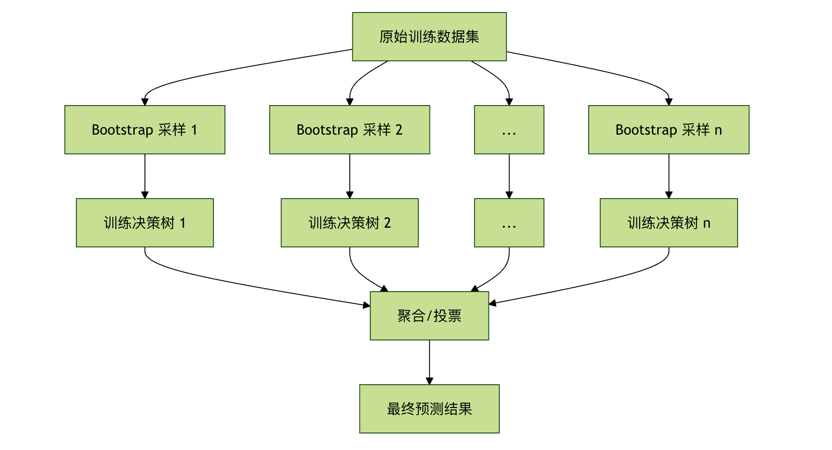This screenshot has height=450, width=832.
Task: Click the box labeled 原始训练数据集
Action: pyautogui.click(x=429, y=37)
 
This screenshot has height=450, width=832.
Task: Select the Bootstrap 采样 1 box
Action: pyautogui.click(x=144, y=130)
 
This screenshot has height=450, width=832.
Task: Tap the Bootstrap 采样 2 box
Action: pyautogui.click(x=349, y=130)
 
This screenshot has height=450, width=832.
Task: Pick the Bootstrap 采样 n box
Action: pyautogui.click(x=668, y=130)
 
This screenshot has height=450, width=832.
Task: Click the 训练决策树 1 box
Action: pyautogui.click(x=144, y=223)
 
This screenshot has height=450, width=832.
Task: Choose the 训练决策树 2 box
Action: pyautogui.click(x=349, y=223)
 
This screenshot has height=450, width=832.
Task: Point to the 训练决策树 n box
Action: pyautogui.click(x=668, y=223)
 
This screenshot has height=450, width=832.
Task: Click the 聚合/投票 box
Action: pyautogui.click(x=429, y=316)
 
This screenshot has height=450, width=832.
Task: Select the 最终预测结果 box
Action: pyautogui.click(x=429, y=409)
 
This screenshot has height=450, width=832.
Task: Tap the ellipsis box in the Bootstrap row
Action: pyautogui.click(x=509, y=130)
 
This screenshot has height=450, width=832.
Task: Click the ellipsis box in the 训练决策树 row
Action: pyautogui.click(x=509, y=223)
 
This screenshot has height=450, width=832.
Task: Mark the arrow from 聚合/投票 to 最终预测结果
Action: pyautogui.click(x=429, y=362)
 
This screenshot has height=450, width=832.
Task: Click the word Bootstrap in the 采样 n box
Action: pyautogui.click(x=646, y=130)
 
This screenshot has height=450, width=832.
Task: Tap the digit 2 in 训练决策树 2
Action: pyautogui.click(x=387, y=223)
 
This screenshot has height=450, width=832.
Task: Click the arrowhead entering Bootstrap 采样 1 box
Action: pyautogui.click(x=144, y=102)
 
